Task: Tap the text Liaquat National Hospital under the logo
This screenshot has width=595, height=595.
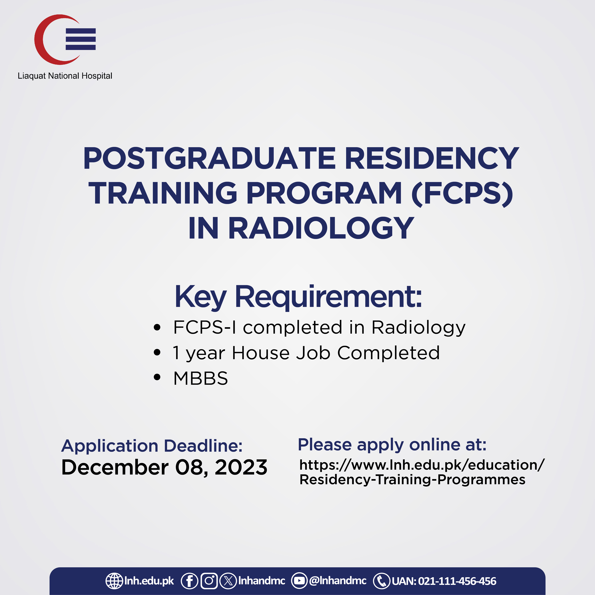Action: tap(65, 76)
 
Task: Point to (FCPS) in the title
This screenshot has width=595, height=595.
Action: tap(462, 193)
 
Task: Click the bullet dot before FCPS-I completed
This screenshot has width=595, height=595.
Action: tap(157, 327)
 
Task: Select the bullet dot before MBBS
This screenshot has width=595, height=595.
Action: tap(157, 378)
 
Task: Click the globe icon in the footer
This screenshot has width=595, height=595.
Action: tap(114, 581)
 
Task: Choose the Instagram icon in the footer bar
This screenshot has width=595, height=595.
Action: tap(209, 581)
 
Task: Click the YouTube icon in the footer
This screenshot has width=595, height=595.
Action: tap(299, 581)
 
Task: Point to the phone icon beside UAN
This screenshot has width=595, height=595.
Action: tap(381, 581)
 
